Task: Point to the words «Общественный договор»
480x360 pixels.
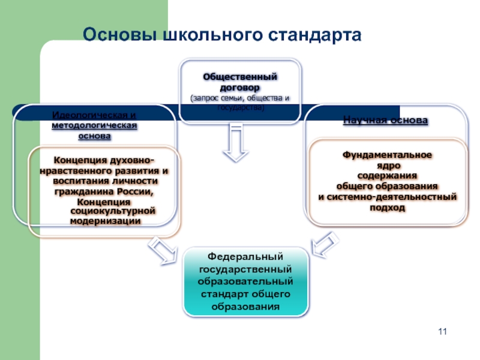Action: (239, 82)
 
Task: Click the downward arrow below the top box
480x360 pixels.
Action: (235, 145)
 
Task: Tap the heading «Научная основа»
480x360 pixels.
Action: (385, 120)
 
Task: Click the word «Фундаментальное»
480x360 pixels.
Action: (387, 155)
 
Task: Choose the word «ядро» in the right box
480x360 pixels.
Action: (387, 165)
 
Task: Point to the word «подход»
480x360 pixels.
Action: (387, 207)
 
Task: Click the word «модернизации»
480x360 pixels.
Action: (106, 221)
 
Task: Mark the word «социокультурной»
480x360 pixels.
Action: (113, 211)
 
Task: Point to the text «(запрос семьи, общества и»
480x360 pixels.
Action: (239, 97)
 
